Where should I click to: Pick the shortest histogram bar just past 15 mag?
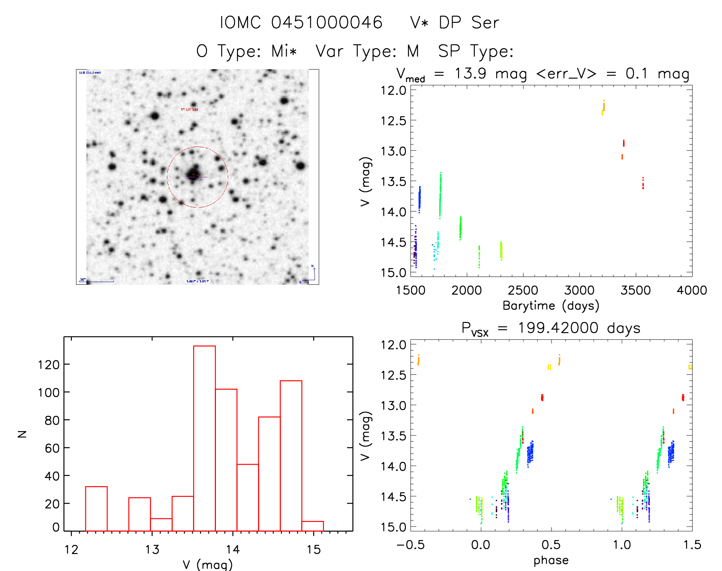(x=313, y=526)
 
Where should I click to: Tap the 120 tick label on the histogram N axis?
(x=49, y=365)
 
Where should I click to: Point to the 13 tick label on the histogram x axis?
(x=152, y=550)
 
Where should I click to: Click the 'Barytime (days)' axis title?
(x=551, y=306)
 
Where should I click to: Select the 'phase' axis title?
(x=551, y=560)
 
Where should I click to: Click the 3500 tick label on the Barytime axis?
(x=636, y=290)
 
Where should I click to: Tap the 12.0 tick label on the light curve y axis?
(x=393, y=91)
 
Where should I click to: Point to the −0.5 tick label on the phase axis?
(x=410, y=545)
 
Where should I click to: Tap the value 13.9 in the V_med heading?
(x=470, y=73)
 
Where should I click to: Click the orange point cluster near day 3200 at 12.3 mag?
(x=603, y=107)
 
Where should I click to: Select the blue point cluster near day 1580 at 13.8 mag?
(x=419, y=199)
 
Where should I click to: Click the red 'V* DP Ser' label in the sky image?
(x=190, y=109)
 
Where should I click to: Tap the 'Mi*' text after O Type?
(x=284, y=51)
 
